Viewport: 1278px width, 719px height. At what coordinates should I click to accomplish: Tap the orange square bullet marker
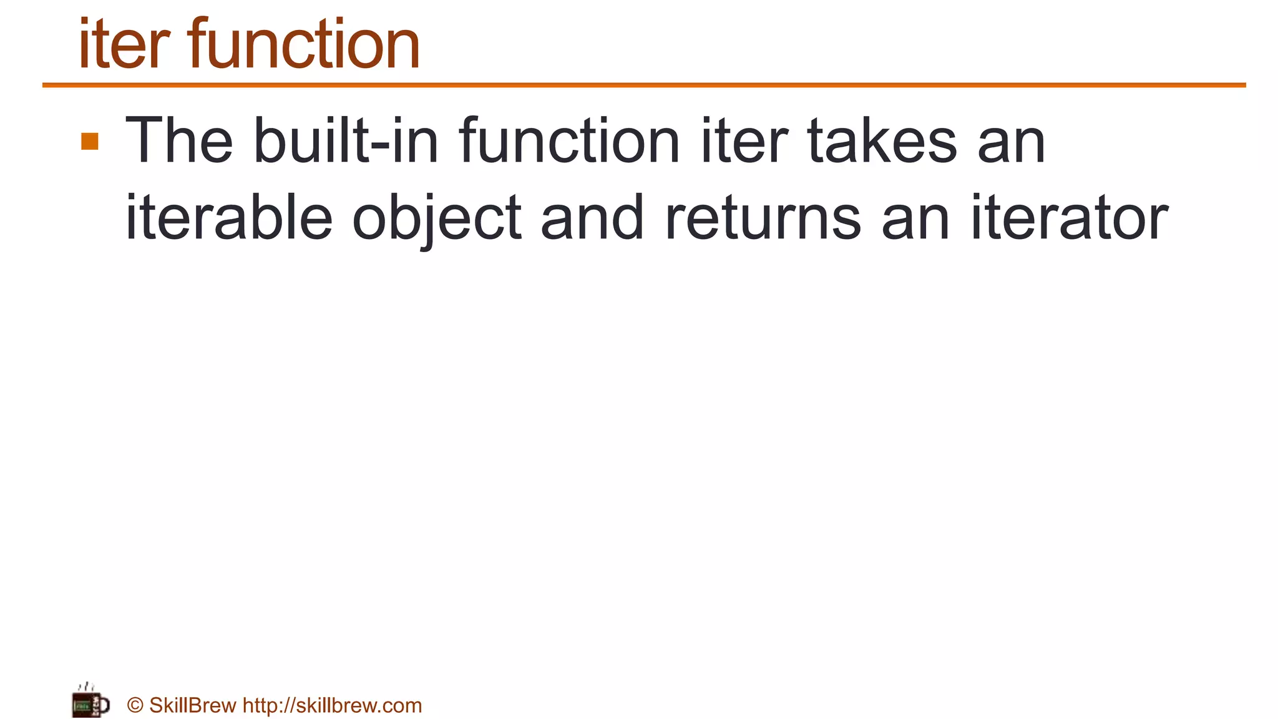[x=90, y=142]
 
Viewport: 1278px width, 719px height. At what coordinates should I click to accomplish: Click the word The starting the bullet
[x=179, y=142]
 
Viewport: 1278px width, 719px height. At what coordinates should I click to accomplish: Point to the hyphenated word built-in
[x=346, y=142]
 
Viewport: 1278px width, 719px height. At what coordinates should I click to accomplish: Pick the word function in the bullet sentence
[x=569, y=142]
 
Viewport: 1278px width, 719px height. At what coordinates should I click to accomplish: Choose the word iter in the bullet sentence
[x=744, y=142]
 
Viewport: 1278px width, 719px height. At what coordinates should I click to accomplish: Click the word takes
[x=882, y=142]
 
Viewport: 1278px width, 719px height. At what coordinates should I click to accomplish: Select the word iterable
[x=229, y=218]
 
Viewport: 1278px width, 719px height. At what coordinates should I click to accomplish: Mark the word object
[x=437, y=218]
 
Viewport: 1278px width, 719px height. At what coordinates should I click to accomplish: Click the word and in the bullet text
[x=592, y=218]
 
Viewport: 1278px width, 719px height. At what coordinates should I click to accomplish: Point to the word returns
[x=763, y=218]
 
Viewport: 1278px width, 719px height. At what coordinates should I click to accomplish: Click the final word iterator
[x=1070, y=218]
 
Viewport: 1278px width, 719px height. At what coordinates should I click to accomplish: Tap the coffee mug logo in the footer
[x=90, y=702]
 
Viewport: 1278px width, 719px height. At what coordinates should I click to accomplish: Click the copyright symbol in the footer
[x=135, y=706]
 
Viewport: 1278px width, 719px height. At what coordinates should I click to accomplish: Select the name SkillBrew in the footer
[x=193, y=706]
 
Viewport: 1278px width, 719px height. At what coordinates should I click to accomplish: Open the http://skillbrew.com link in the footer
[x=332, y=706]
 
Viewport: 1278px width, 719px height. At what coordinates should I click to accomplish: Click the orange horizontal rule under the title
[x=644, y=85]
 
